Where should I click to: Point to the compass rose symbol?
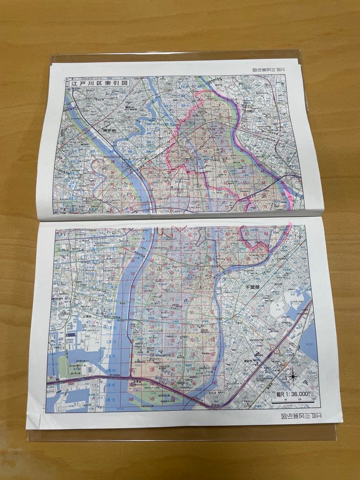click(293, 376)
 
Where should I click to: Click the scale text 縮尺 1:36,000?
click(291, 394)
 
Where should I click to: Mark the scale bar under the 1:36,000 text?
click(291, 401)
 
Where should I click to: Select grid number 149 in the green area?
click(152, 399)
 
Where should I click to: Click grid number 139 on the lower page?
click(152, 370)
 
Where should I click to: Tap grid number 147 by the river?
click(214, 383)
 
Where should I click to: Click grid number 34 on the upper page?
click(243, 160)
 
